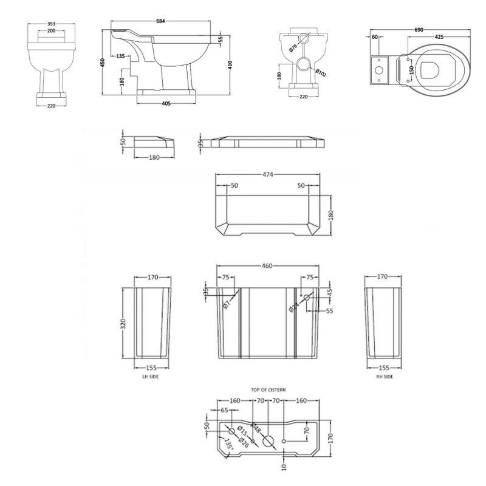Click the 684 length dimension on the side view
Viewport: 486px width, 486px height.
pos(160,22)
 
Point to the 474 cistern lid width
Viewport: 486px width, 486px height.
pos(267,174)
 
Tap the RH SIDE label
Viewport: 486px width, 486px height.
pos(385,377)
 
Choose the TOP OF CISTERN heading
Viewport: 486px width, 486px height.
pos(268,389)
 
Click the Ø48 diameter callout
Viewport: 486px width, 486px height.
pos(256,429)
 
